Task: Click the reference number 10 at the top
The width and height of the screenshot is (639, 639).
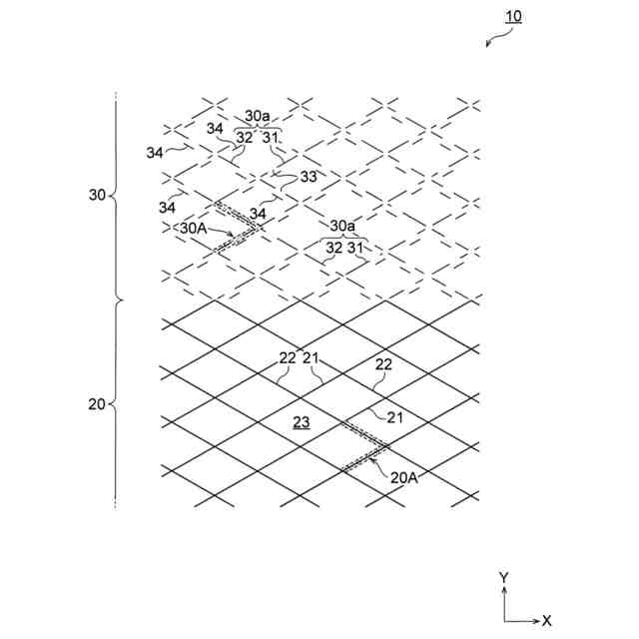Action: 513,17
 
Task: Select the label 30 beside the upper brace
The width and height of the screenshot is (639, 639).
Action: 98,196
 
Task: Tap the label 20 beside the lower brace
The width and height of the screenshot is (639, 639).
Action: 98,404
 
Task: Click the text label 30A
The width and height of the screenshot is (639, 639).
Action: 194,228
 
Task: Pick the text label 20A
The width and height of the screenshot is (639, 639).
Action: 403,477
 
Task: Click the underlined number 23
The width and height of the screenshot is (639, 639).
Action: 301,422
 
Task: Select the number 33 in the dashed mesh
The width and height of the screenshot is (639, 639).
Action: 309,177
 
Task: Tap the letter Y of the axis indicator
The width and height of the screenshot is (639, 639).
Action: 504,578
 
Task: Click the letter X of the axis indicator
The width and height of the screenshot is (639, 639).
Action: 546,620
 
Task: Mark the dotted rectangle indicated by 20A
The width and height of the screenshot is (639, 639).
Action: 364,444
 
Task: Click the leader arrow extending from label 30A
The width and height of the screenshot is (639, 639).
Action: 222,233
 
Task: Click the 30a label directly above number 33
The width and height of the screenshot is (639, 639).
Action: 258,116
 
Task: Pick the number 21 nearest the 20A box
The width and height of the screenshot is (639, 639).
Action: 394,417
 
